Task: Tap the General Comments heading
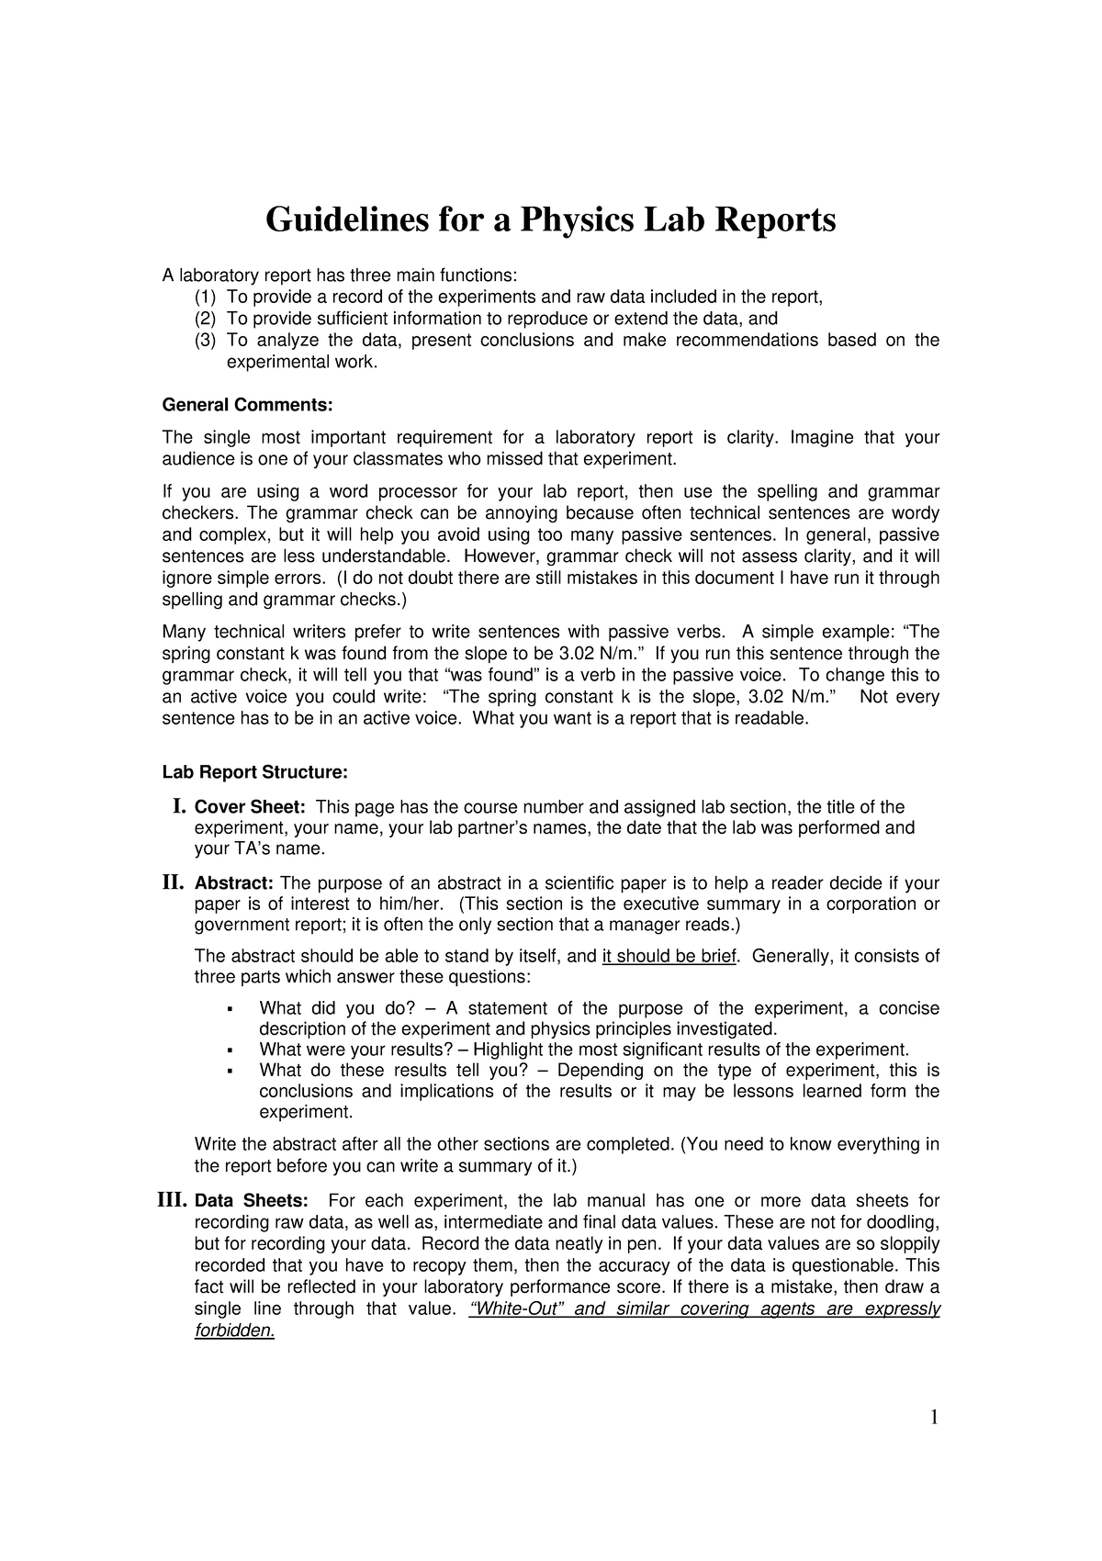(247, 405)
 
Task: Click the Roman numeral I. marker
(179, 806)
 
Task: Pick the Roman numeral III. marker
(172, 1200)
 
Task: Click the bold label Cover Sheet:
(249, 807)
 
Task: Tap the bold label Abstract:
(233, 883)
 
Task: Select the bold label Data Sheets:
(252, 1201)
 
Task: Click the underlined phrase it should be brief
(669, 956)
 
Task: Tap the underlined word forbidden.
(234, 1331)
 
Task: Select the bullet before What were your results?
(229, 1050)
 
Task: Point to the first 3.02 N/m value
(592, 654)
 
